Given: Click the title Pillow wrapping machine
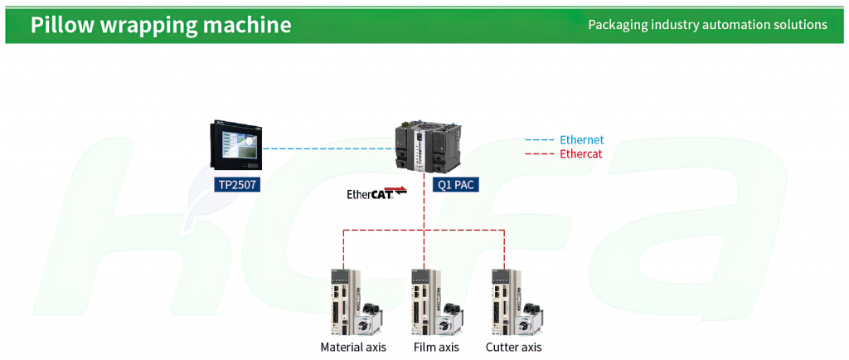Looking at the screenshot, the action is [x=161, y=25].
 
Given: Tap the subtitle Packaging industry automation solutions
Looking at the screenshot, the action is [x=708, y=25].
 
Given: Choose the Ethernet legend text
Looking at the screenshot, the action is [x=581, y=140].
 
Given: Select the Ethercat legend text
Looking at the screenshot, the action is [x=580, y=153].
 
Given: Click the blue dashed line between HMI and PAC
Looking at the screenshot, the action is [x=328, y=148].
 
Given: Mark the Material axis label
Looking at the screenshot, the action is [x=353, y=347].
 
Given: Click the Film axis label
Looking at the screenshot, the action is [x=436, y=347].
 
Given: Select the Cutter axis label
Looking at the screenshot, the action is [x=513, y=347].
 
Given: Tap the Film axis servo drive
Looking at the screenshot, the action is [x=425, y=302].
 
